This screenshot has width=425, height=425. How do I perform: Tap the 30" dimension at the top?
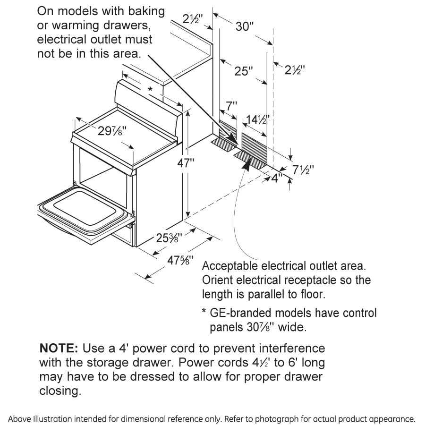(x=245, y=26)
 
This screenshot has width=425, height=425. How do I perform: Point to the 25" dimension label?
(x=244, y=71)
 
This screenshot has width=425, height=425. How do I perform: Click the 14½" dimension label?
(x=255, y=119)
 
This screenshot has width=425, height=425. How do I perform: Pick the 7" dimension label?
(x=231, y=106)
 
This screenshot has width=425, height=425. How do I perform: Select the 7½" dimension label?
(x=303, y=170)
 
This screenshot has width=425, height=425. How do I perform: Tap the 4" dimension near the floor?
(x=277, y=178)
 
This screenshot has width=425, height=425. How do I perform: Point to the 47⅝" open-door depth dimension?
(x=180, y=260)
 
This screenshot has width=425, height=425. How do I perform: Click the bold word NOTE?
(x=59, y=348)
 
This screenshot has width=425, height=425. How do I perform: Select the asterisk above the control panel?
(x=151, y=89)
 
